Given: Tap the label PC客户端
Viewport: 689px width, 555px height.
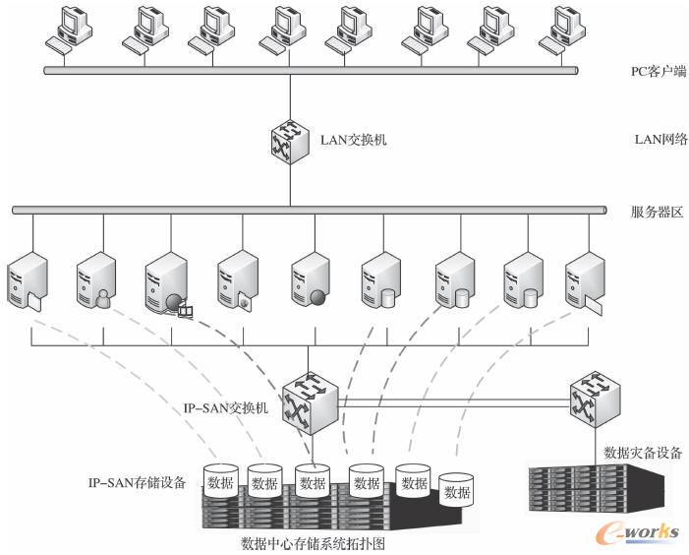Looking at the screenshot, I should pos(657,71).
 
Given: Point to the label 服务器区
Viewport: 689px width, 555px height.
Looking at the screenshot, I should pos(656,211).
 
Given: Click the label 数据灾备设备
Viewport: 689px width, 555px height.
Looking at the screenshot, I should pos(643,454).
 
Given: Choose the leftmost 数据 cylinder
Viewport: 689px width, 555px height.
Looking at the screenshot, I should pos(221,480).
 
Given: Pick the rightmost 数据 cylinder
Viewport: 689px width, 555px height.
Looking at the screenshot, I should pos(456,489).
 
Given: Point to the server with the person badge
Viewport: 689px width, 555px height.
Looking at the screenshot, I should pos(94,278).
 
